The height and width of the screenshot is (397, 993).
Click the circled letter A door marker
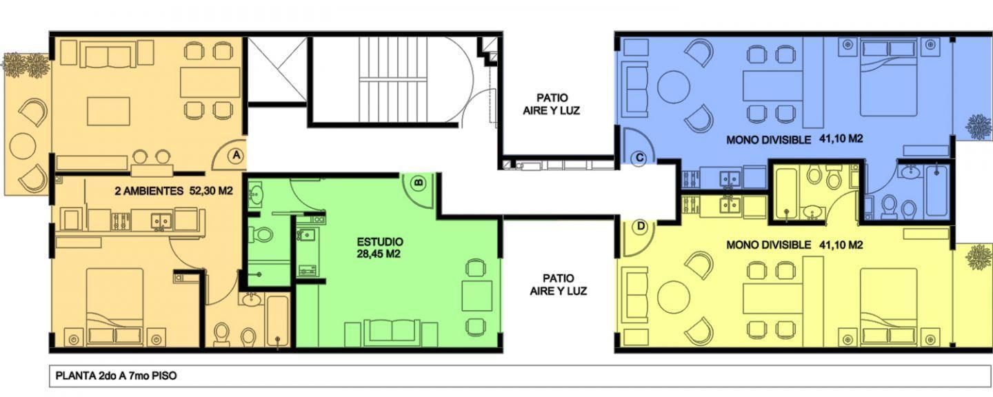(237, 156)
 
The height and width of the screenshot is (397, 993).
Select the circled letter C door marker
(639, 158)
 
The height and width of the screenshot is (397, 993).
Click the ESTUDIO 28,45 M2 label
(379, 247)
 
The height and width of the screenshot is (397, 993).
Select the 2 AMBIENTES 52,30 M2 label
(174, 191)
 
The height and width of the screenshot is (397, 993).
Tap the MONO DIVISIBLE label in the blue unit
(768, 140)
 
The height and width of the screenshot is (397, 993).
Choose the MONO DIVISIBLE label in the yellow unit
(768, 245)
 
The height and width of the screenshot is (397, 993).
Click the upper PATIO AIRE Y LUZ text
(552, 104)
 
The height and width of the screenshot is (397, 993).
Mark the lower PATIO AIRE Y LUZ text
(558, 285)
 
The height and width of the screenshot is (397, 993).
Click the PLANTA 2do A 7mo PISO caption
(116, 376)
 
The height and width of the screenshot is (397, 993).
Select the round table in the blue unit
(673, 87)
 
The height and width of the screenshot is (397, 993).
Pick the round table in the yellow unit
(673, 297)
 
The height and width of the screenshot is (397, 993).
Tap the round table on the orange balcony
(23, 146)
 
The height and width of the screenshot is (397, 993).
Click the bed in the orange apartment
(114, 307)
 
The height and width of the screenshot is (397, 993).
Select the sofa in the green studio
(392, 332)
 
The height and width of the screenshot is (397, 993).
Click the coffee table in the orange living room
(109, 111)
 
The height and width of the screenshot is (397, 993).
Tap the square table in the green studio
(477, 296)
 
